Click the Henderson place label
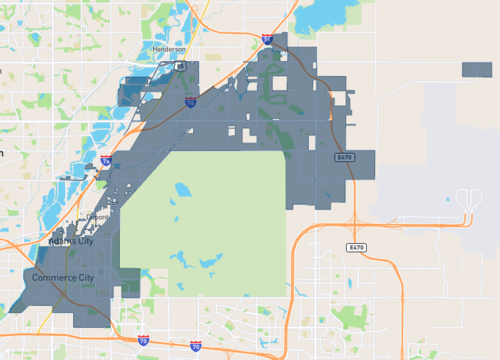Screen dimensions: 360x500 point(169,48)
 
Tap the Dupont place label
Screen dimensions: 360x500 point(99,215)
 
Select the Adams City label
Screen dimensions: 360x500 point(71,242)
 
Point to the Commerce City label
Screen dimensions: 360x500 point(62,276)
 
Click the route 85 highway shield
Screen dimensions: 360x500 point(181,65)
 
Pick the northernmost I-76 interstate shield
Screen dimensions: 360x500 point(267,39)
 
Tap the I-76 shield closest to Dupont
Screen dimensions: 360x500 point(105,160)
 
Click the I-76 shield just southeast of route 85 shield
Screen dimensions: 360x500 point(190,101)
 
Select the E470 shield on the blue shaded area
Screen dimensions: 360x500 point(345,158)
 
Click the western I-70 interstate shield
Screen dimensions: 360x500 point(143,340)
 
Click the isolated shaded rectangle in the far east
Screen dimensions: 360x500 point(476,70)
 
